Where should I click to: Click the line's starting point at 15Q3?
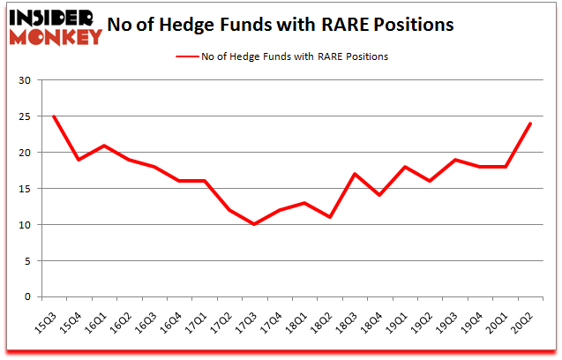pos(55,116)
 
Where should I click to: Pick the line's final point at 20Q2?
pos(530,124)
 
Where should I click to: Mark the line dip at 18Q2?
pos(330,217)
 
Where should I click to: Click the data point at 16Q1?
pos(105,146)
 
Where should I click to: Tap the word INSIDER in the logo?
pos(50,18)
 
